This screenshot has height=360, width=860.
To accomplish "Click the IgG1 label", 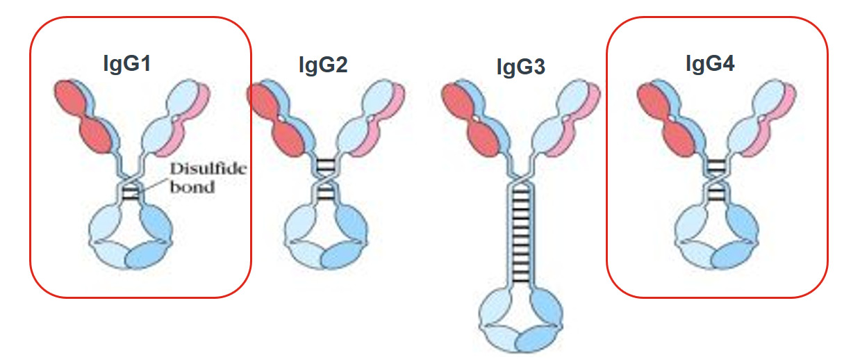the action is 127,64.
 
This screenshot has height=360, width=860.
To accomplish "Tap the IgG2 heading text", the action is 323,65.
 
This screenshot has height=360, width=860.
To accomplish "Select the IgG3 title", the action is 520,67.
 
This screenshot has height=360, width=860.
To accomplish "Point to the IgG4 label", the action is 710,63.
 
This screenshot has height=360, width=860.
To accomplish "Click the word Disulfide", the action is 208,169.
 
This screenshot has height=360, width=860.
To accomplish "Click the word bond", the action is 192,187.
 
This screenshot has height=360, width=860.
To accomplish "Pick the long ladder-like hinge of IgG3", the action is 521,234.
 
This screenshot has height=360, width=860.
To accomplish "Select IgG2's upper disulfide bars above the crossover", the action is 326,165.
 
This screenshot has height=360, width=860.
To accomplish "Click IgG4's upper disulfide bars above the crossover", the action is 716,165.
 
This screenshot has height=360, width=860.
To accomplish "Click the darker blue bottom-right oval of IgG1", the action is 147,254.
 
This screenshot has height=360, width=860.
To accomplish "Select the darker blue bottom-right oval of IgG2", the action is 343,255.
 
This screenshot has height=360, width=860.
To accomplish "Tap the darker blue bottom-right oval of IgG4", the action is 734,255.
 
